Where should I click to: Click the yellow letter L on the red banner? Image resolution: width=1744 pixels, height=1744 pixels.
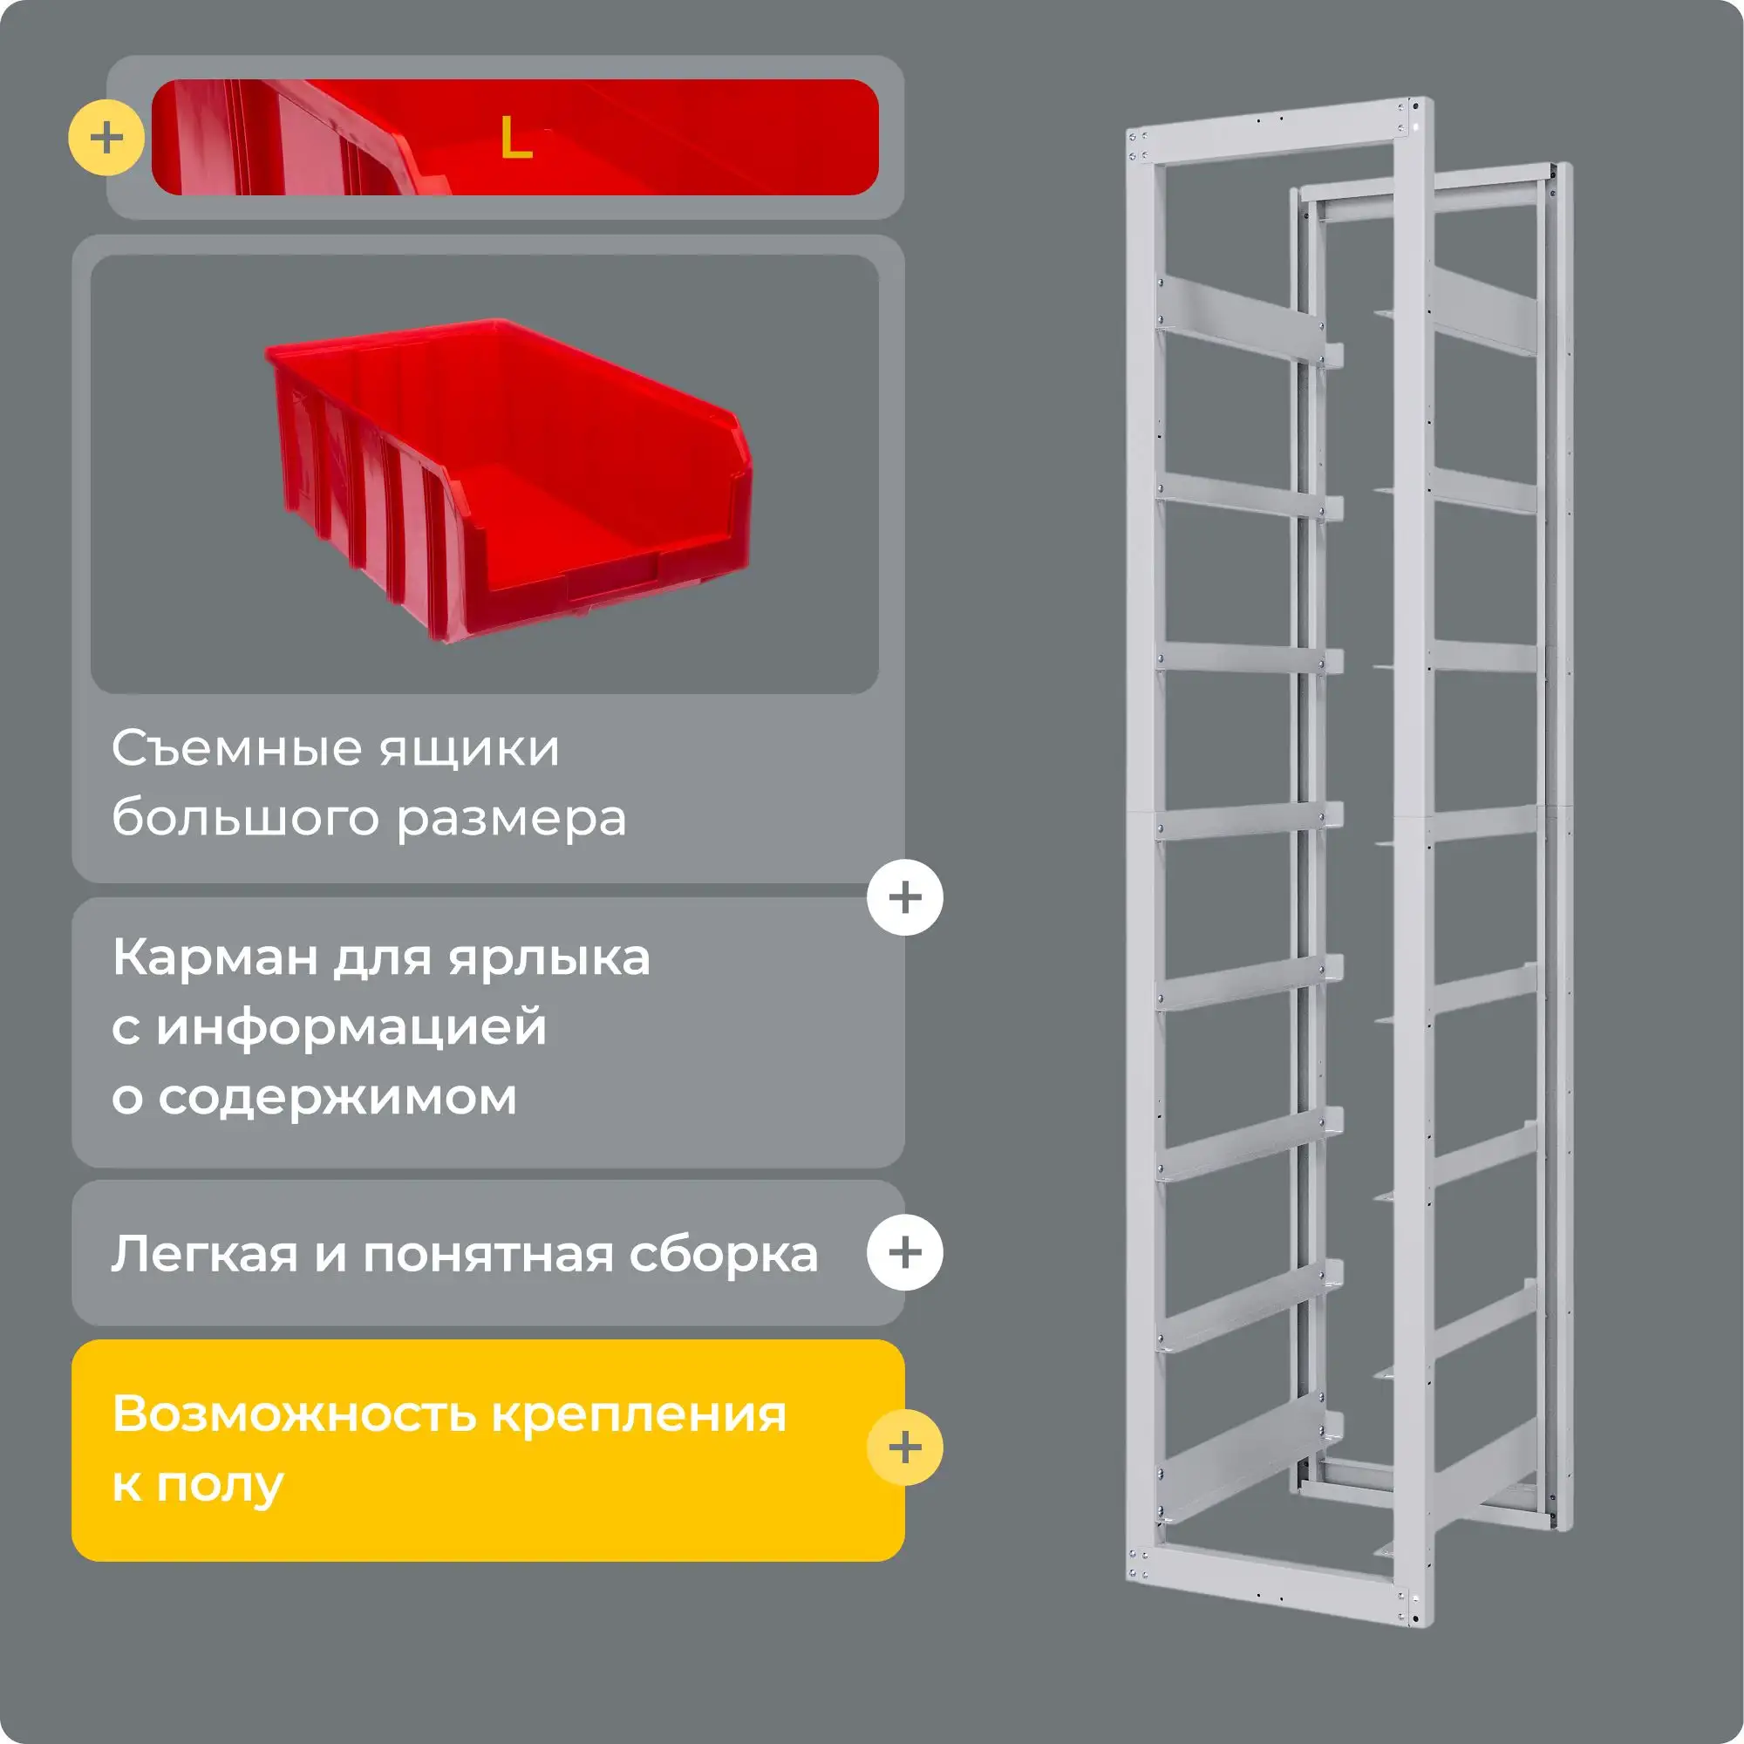pyautogui.click(x=515, y=139)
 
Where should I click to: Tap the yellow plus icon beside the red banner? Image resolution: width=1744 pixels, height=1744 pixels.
pyautogui.click(x=106, y=138)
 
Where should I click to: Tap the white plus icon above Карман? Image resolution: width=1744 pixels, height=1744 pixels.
pyautogui.click(x=904, y=897)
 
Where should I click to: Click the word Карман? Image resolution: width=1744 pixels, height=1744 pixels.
pyautogui.click(x=215, y=957)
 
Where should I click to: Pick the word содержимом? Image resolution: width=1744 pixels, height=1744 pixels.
pyautogui.click(x=337, y=1098)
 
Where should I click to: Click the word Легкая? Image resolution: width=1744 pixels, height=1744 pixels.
pyautogui.click(x=205, y=1255)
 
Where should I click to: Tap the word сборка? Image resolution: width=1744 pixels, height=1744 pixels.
pyautogui.click(x=724, y=1253)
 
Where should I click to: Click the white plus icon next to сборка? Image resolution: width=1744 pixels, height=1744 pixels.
pyautogui.click(x=904, y=1252)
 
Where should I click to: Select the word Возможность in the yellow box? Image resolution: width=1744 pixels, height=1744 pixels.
pyautogui.click(x=294, y=1414)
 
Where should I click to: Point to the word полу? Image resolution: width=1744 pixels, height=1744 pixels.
pyautogui.click(x=221, y=1485)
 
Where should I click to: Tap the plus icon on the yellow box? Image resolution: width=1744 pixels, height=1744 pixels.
pyautogui.click(x=904, y=1448)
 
